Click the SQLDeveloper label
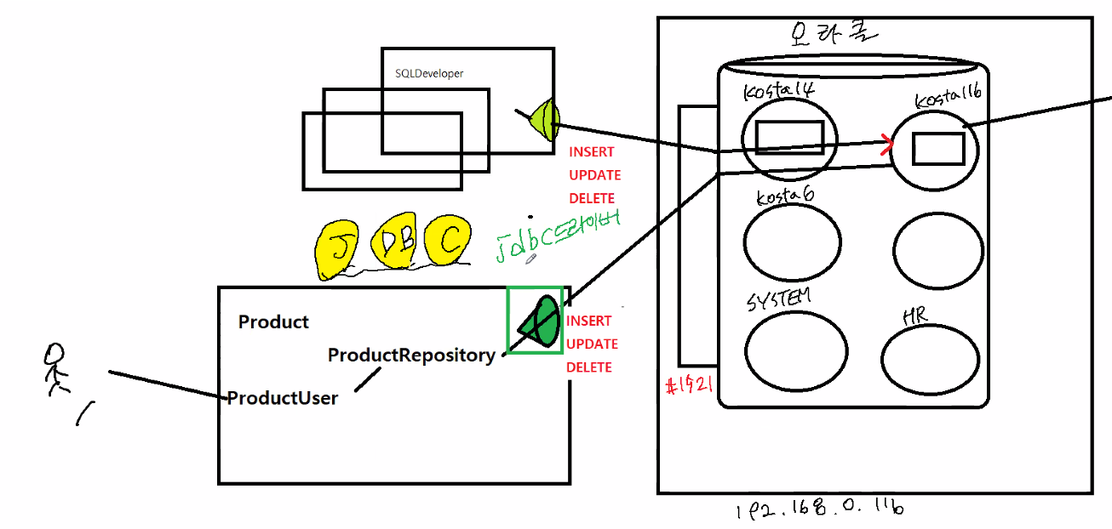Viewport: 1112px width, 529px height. [429, 74]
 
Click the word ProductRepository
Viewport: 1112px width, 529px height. [411, 355]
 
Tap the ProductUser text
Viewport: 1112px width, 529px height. [283, 397]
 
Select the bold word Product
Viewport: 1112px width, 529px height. [273, 321]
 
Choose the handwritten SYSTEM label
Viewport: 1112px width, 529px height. [778, 300]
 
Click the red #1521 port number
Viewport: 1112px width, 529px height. [689, 387]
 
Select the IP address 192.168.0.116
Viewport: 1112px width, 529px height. [818, 509]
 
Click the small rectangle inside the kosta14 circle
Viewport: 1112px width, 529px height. [789, 137]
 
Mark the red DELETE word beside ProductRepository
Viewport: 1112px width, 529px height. [589, 367]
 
